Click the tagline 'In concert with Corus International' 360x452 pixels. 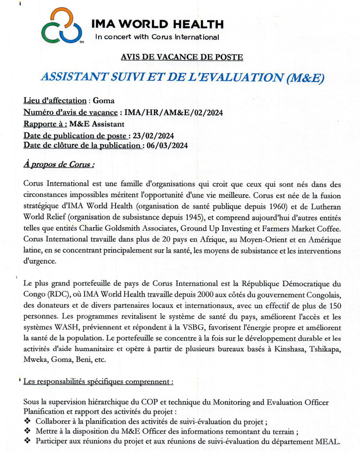pyautogui.click(x=157, y=37)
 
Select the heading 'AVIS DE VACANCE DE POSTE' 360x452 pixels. pyautogui.click(x=182, y=58)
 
